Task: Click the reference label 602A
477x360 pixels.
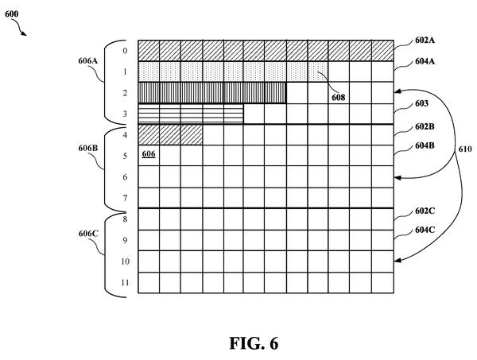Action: coord(425,41)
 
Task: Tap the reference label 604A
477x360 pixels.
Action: coord(425,61)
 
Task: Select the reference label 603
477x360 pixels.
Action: coord(421,103)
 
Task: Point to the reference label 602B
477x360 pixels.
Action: coord(425,126)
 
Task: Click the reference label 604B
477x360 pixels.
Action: coord(425,146)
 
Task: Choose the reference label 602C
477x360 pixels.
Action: coord(425,211)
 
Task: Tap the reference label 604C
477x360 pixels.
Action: coord(425,230)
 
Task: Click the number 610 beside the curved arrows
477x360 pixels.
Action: coord(465,149)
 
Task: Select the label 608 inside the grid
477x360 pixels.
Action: coord(339,98)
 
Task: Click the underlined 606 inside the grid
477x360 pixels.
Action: coord(149,154)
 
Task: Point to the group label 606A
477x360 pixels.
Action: coord(88,61)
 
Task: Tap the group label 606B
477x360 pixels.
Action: coord(88,148)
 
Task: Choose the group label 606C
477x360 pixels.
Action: coord(88,234)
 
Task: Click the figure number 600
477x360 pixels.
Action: coord(11,14)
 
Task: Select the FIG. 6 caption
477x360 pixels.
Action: coord(254,343)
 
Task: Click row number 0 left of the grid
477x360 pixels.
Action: coord(125,51)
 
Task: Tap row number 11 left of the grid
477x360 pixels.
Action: coord(125,283)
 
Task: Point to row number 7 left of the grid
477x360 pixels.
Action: coord(125,198)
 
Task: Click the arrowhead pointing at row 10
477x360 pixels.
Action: coord(397,261)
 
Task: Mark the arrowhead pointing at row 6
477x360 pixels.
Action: coord(397,177)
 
